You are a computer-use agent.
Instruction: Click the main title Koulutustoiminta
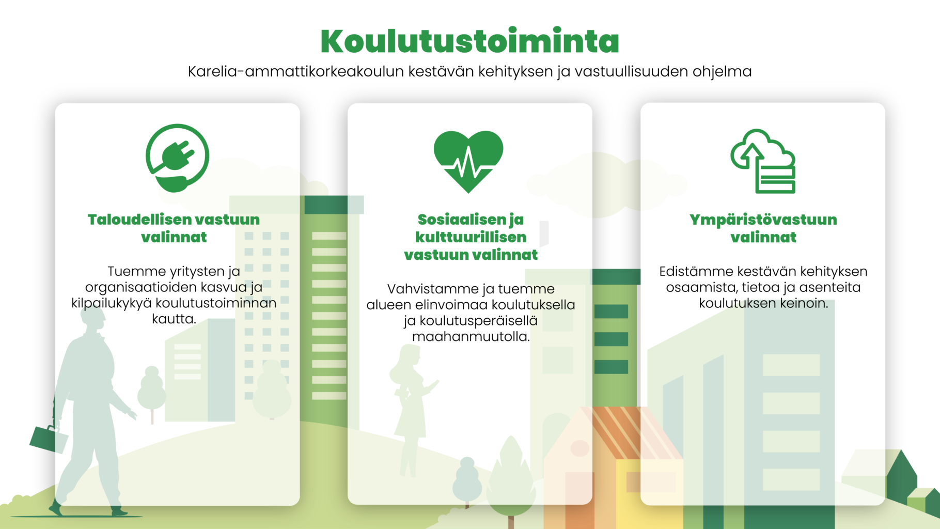point(469,41)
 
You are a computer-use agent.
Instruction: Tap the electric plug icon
point(177,158)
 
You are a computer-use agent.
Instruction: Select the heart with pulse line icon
point(468,161)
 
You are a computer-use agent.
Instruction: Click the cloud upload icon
point(763,161)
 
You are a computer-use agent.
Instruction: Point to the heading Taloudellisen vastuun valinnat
point(174,228)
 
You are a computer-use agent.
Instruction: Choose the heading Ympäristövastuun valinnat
point(763,228)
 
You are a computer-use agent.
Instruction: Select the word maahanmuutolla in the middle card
point(471,337)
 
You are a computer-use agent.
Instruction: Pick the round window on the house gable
point(579,448)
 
